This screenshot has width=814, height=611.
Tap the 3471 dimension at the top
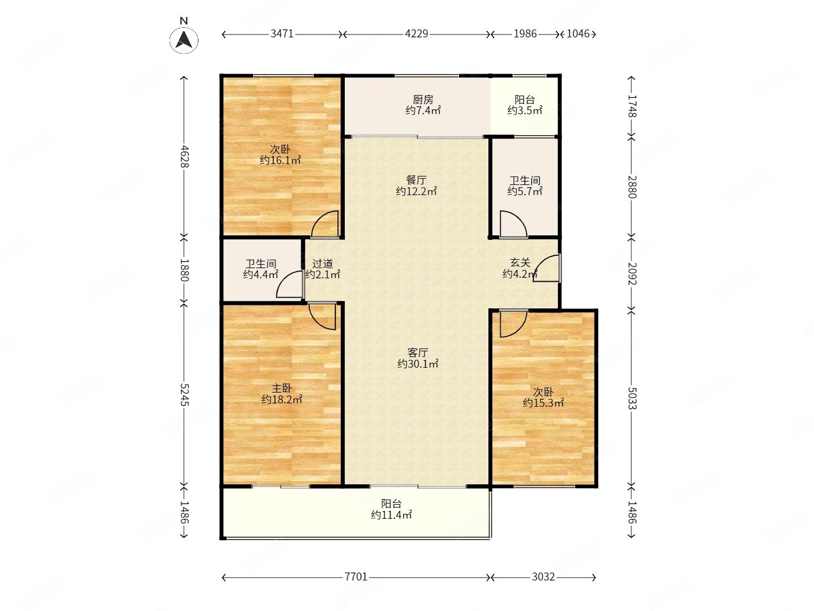pos(282,34)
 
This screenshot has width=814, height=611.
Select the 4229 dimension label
pos(416,34)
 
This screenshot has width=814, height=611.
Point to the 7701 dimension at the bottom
pos(356,577)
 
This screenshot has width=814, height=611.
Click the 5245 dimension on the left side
pos(184,395)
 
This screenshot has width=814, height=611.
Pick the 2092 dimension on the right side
pos(632,274)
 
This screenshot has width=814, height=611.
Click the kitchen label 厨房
pos(423,100)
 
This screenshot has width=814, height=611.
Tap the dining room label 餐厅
pos(416,180)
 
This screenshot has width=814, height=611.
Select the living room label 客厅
pos(418,352)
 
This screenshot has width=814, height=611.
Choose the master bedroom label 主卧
pos(282,389)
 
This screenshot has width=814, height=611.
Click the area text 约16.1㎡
pos(280,160)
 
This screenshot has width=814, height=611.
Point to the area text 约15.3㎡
pos(543,402)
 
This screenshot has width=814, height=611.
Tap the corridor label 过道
pos(322,264)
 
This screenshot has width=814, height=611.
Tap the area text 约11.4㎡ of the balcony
pos(391,515)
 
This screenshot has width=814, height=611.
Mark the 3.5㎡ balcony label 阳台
pos(525,100)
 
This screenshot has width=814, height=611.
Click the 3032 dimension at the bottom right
pos(543,577)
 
